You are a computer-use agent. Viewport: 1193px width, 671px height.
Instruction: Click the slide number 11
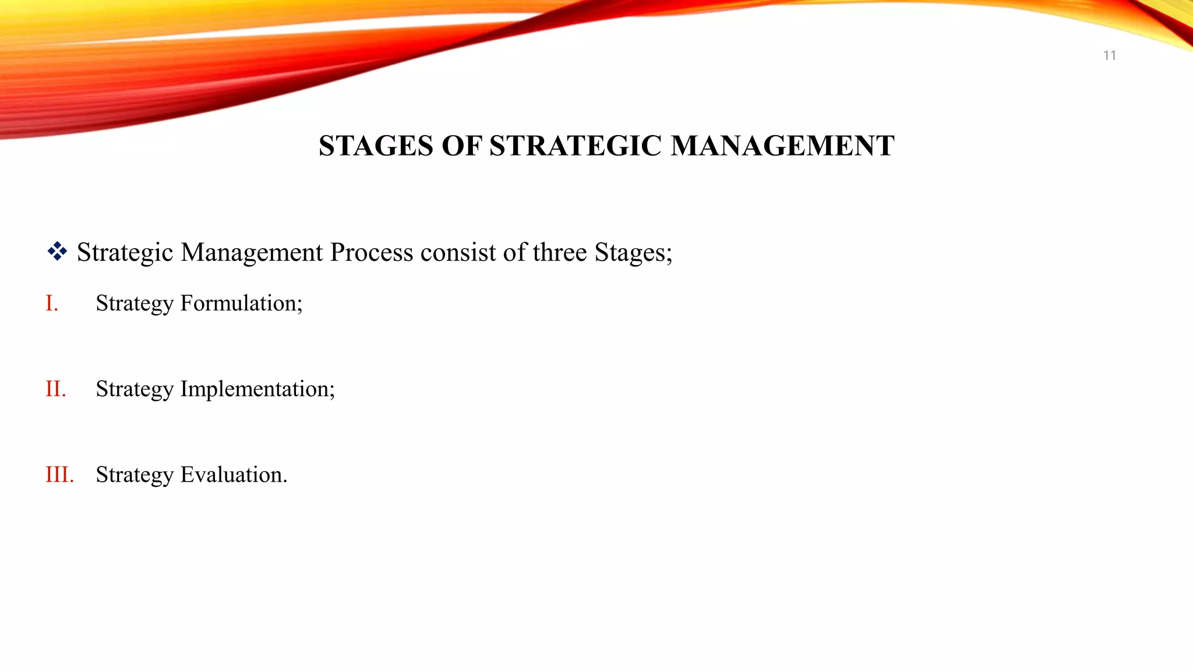pos(1109,55)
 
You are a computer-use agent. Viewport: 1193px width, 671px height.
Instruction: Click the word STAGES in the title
pos(376,146)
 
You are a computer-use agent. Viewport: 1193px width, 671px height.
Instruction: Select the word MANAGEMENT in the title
pos(782,146)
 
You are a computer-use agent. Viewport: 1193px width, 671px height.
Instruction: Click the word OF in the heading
pos(461,146)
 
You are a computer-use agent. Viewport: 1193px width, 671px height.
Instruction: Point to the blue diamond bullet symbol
pos(57,252)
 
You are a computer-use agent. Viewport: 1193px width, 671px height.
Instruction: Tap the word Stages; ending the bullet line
pos(633,252)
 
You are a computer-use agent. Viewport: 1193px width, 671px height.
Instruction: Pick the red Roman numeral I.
pos(52,303)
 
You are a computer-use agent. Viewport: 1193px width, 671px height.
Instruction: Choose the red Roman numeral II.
pos(56,389)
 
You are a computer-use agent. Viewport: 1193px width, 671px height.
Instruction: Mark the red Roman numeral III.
pos(59,474)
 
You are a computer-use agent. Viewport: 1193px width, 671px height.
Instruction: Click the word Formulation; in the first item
pos(241,303)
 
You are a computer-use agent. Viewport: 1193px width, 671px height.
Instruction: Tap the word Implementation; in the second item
pos(257,389)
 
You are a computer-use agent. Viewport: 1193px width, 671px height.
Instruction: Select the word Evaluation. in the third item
pos(234,474)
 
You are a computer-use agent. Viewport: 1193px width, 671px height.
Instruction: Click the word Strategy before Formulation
pos(135,303)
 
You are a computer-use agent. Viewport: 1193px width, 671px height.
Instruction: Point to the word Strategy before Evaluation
pos(135,474)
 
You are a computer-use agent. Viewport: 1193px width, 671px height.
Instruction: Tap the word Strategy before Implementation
pos(135,389)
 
